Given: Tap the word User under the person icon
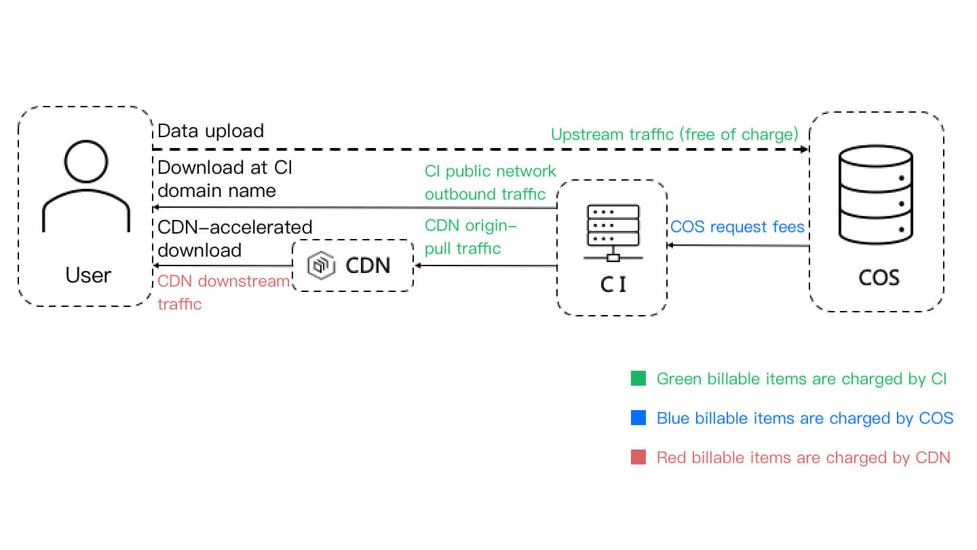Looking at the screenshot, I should coord(88,275).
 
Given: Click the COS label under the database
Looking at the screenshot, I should coord(879,278).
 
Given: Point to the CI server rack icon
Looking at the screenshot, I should coord(613,232).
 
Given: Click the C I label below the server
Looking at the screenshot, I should coord(613,285).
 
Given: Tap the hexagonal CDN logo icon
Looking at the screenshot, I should coord(321,265).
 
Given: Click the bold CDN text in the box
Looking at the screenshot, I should coord(368,265).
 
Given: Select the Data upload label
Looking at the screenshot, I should coord(210,130).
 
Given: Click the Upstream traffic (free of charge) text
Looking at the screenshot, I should coord(674,134).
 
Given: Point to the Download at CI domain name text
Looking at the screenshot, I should coord(224,179).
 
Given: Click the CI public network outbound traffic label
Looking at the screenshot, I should coord(490,182).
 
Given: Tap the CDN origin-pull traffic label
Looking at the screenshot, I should coord(470,236).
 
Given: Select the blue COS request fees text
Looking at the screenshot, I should coord(737,226).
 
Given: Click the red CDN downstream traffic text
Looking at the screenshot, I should coord(223,292).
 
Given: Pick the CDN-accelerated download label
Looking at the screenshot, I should coord(234,238).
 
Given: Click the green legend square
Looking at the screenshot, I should coord(638,378).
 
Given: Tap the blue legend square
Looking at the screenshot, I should coord(638,418).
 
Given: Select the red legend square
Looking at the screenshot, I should coord(638,458).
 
